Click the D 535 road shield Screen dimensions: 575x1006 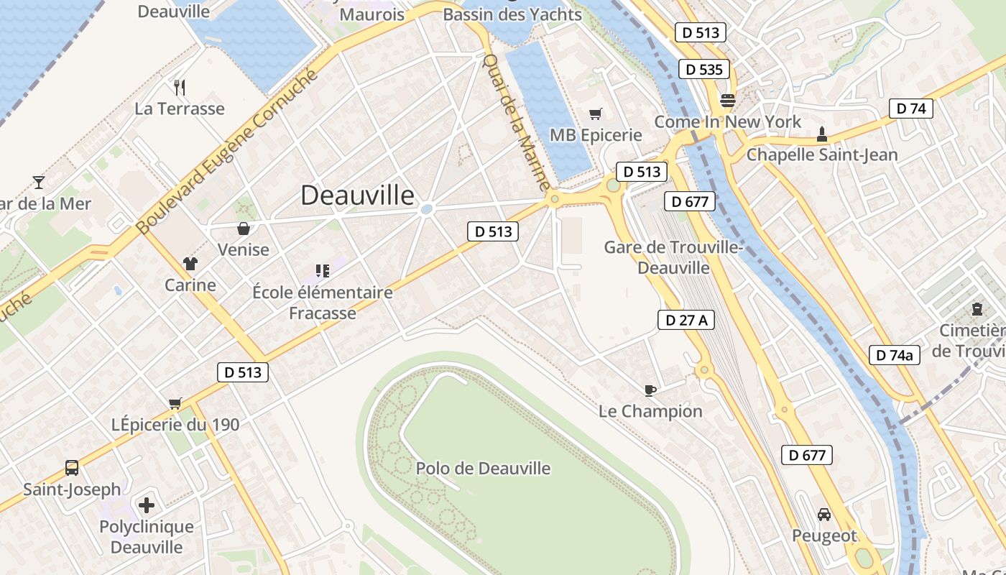[704, 69]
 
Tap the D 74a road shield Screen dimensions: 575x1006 [895, 354]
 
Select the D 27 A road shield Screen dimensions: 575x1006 [686, 320]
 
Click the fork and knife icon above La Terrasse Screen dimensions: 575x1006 [180, 88]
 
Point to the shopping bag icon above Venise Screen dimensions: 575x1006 [244, 229]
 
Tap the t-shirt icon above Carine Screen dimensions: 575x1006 [190, 264]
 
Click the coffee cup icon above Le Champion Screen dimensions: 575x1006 [650, 390]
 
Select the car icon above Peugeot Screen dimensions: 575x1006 [824, 515]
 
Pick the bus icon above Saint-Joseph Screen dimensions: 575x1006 [72, 468]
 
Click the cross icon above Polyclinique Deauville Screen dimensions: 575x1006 [147, 505]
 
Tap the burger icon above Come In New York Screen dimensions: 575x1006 [728, 101]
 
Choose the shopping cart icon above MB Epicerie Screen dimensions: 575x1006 [595, 114]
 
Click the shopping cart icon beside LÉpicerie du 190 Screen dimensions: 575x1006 [175, 403]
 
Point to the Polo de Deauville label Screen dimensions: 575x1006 [483, 469]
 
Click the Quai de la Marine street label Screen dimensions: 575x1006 [517, 122]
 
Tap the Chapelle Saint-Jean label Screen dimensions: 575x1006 [822, 155]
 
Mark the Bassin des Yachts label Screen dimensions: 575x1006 [512, 14]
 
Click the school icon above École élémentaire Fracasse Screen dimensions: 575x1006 [322, 271]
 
